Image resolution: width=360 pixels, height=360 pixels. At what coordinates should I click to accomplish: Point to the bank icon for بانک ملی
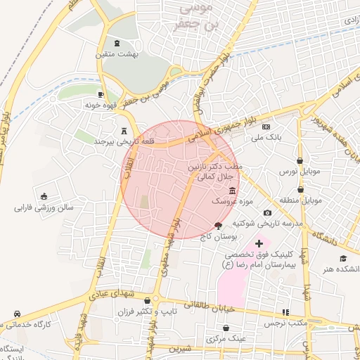tap(266, 127)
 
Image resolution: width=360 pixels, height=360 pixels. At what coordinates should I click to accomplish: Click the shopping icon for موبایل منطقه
tap(301, 189)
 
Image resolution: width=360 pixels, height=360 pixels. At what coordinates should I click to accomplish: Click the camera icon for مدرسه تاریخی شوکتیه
tap(267, 213)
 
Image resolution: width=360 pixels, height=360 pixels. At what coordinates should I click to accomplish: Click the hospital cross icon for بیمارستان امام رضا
tap(259, 243)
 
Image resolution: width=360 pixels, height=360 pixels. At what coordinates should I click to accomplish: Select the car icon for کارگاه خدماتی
tap(16, 314)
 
